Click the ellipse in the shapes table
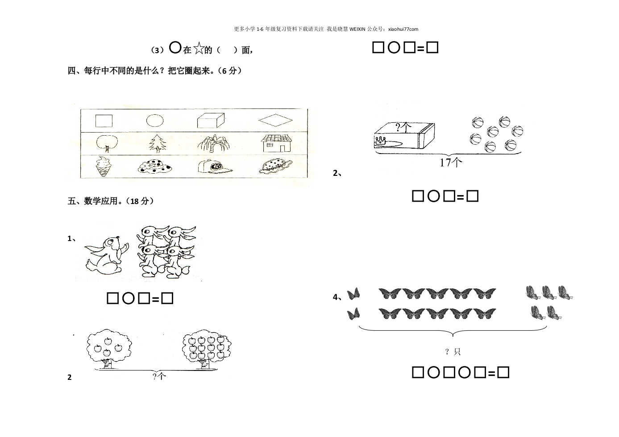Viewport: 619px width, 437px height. coord(155,121)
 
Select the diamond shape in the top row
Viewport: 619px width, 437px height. coord(275,120)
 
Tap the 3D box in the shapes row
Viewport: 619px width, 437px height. coord(211,121)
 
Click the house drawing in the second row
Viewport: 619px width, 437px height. coord(276,143)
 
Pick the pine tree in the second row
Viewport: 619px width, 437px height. coord(158,144)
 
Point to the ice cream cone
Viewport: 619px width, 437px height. coord(104,166)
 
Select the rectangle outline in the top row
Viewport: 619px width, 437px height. coord(104,121)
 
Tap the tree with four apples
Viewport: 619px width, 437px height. coord(109,349)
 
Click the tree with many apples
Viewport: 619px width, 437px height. coord(207,349)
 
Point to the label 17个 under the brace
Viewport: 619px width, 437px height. coord(451,162)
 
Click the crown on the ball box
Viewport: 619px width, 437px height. coord(381,141)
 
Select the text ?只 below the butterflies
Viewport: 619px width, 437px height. coord(453,352)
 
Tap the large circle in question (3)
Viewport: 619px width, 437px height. coord(175,47)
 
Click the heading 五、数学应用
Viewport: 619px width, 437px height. coord(93,201)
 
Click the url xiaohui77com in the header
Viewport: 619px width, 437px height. coord(403,29)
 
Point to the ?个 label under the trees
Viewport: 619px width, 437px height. coord(159,376)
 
